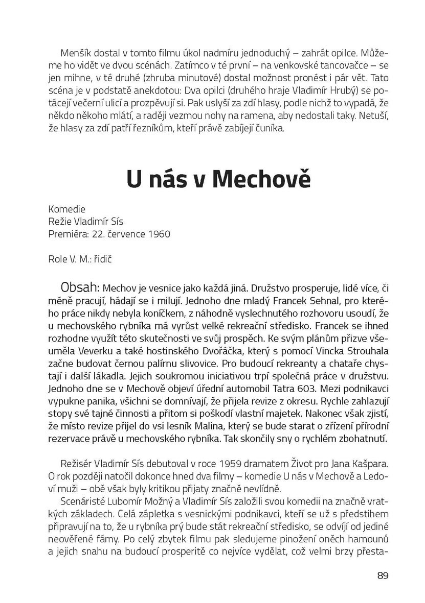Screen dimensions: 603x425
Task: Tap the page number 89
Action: click(x=383, y=575)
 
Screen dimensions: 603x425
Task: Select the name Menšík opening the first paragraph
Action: click(x=75, y=53)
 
